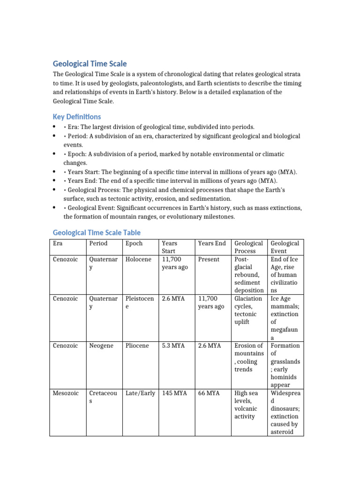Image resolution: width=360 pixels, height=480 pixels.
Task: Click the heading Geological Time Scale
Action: pos(90,64)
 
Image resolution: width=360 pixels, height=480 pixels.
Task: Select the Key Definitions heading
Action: pos(76,117)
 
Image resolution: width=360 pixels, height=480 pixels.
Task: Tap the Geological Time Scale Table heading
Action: pos(97,232)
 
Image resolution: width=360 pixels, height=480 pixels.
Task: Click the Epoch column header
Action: pos(134,243)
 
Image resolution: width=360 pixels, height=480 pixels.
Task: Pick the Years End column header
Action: pos(212,243)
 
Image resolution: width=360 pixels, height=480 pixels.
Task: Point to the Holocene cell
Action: pos(138,259)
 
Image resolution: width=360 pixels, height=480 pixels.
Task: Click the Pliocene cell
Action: pos(137,345)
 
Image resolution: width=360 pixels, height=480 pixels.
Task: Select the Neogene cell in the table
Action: pos(101,345)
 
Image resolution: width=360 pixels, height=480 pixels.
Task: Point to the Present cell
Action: pos(209,259)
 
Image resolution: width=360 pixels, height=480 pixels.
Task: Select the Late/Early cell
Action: pos(140,393)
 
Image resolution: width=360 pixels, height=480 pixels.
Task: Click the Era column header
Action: pos(59,243)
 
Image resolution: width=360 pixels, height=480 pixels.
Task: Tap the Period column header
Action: pos(98,243)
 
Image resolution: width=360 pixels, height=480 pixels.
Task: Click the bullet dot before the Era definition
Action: pos(55,127)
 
